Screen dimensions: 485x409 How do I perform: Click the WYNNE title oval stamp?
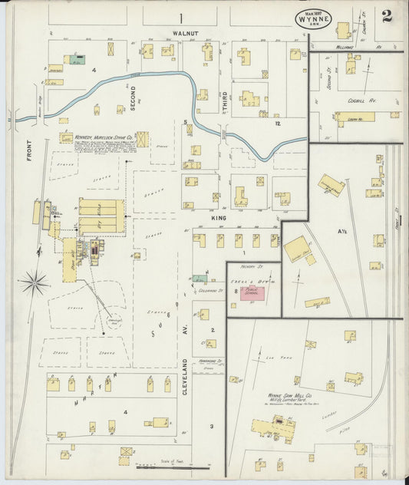[314, 18]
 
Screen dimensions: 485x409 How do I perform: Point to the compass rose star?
[35, 283]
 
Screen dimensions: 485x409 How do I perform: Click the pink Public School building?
[255, 296]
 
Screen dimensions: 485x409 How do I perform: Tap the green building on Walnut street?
[77, 58]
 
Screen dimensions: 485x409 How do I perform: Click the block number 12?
[279, 124]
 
